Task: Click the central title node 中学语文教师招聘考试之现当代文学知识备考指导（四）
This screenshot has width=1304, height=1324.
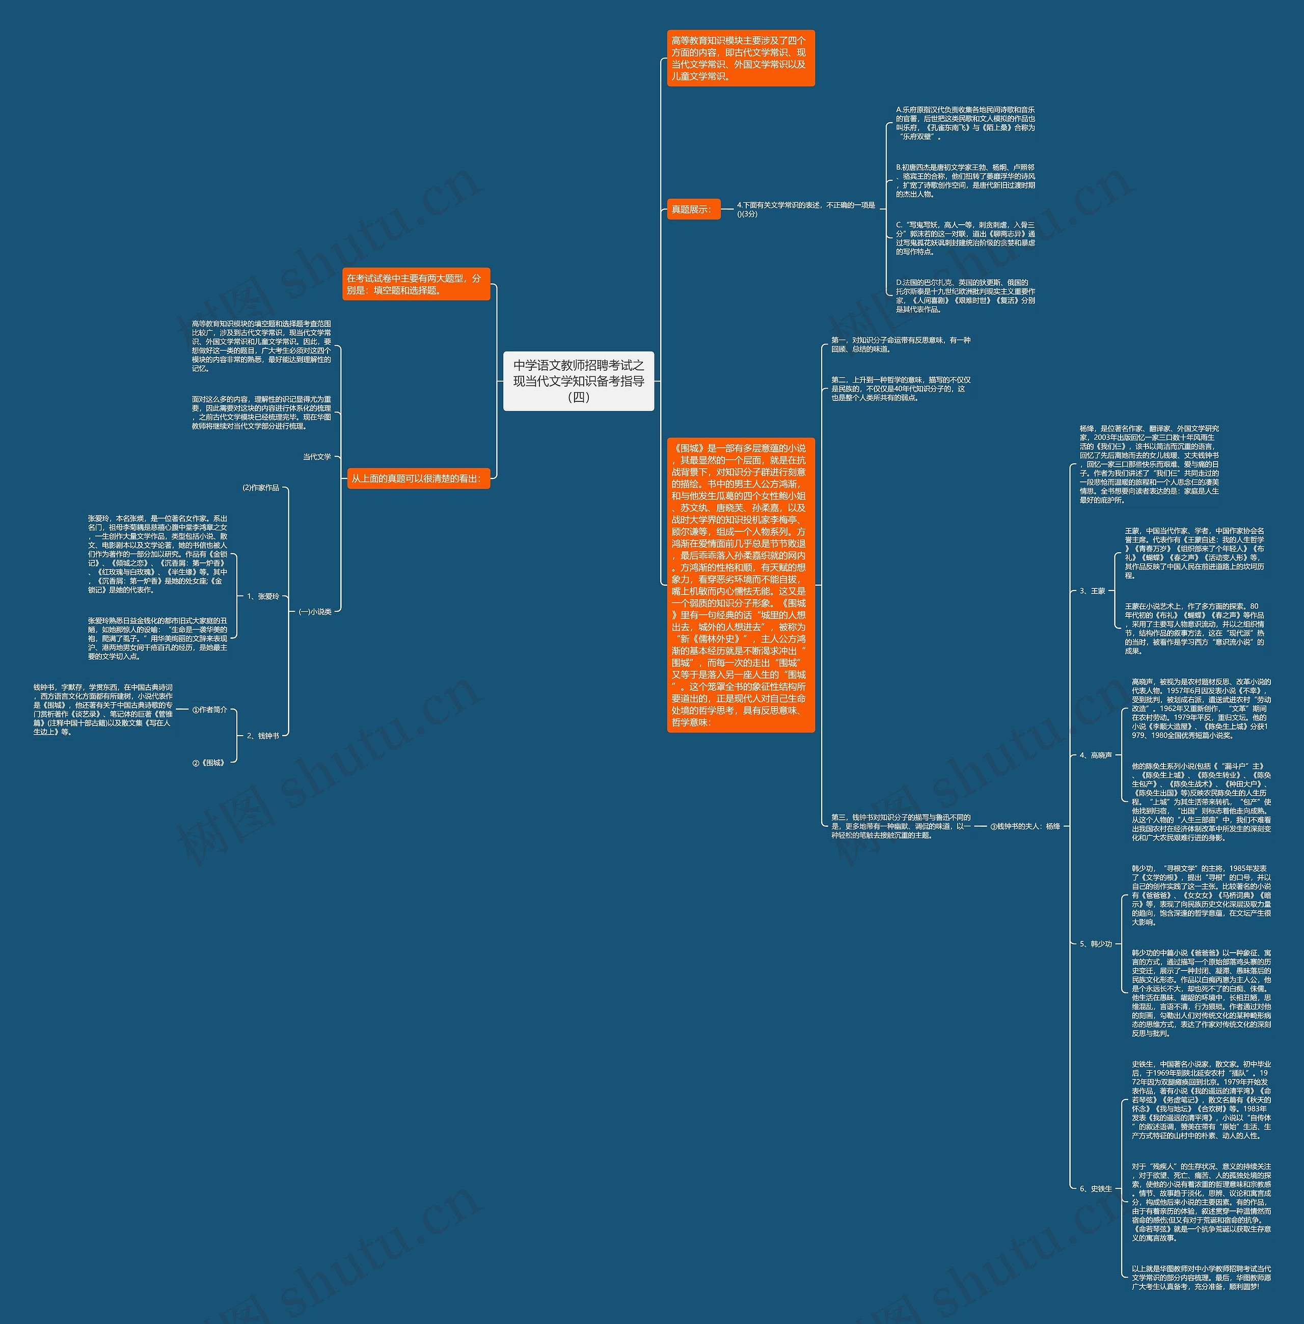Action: [x=579, y=381]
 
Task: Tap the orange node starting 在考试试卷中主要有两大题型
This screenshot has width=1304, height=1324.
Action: [x=416, y=284]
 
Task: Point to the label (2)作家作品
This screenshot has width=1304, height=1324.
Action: [x=261, y=488]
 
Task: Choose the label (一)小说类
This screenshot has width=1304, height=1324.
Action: [x=315, y=612]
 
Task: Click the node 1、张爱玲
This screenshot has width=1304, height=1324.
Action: [x=263, y=597]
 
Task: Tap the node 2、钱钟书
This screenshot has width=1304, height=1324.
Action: [x=263, y=736]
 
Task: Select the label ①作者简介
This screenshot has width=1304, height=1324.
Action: [x=209, y=710]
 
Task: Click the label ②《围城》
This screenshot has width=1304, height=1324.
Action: [x=209, y=762]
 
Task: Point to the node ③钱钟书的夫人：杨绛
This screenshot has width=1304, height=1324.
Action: [x=1025, y=827]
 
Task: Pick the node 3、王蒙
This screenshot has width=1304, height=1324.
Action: [x=1093, y=590]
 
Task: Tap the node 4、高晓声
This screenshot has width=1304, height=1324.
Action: [x=1096, y=755]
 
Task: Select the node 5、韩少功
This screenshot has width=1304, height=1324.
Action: [x=1096, y=944]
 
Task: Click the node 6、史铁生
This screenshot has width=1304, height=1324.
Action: [x=1096, y=1189]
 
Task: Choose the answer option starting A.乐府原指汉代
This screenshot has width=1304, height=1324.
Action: [x=965, y=123]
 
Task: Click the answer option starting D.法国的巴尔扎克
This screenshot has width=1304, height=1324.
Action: [x=965, y=296]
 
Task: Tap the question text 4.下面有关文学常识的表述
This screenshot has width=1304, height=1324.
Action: [x=805, y=209]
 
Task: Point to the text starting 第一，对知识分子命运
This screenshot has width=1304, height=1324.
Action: [x=901, y=344]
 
